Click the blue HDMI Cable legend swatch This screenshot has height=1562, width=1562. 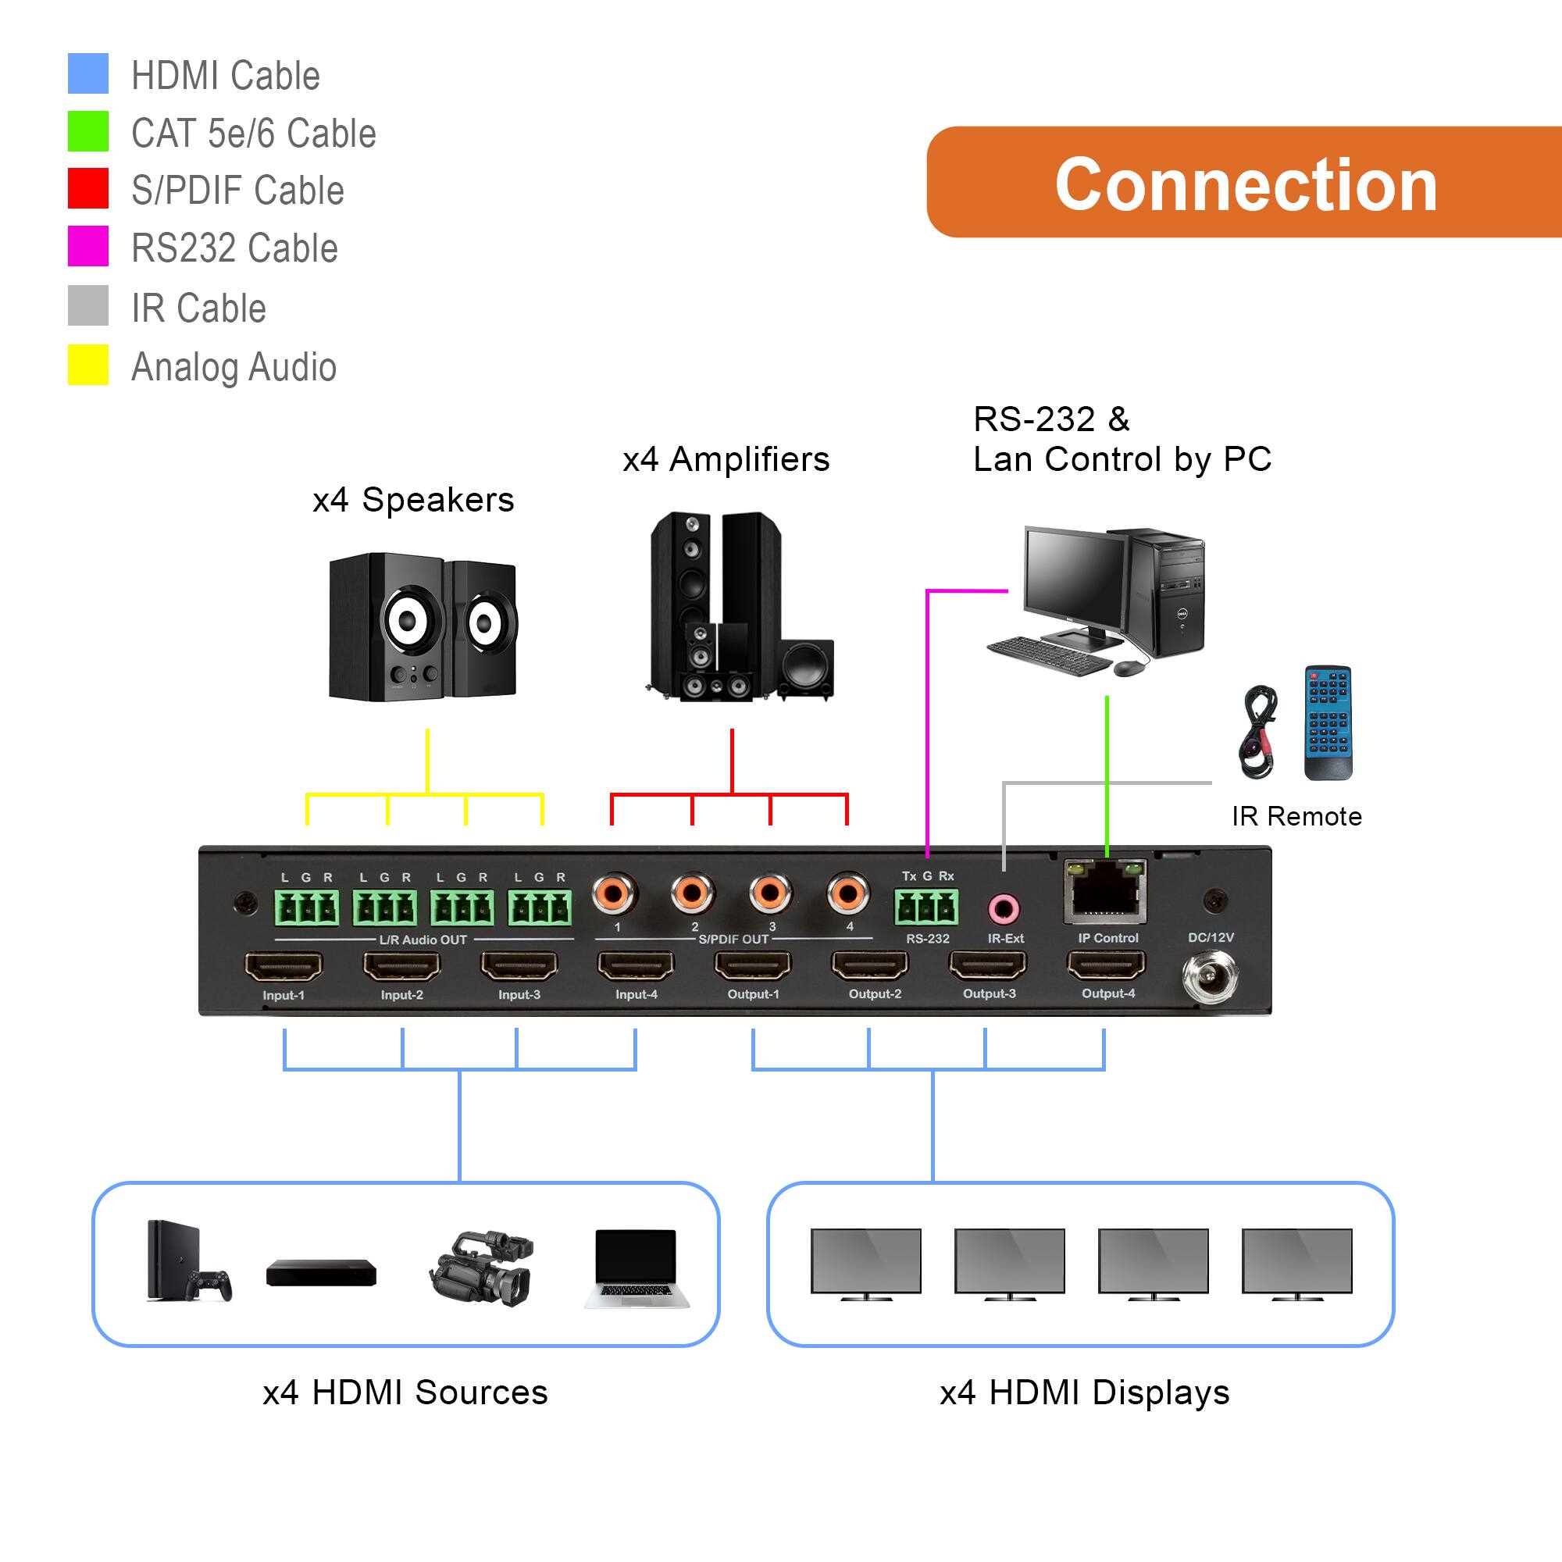(x=87, y=73)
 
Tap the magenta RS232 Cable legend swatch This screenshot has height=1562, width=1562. (x=87, y=246)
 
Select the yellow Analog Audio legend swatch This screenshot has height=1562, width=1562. (x=87, y=365)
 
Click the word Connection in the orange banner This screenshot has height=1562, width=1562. (x=1246, y=184)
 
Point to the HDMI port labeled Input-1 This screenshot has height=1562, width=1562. (x=283, y=966)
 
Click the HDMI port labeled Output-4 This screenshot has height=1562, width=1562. (x=1106, y=965)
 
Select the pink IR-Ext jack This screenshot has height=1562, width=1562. (x=1004, y=910)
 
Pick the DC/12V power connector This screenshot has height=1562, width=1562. (x=1210, y=979)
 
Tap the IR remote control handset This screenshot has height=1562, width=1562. (x=1327, y=722)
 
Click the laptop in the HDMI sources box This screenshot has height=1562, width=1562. (x=637, y=1268)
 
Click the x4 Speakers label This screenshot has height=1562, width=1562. (x=413, y=500)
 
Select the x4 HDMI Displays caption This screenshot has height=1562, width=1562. (x=1084, y=1393)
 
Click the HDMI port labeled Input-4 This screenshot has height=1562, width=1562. (x=636, y=965)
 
